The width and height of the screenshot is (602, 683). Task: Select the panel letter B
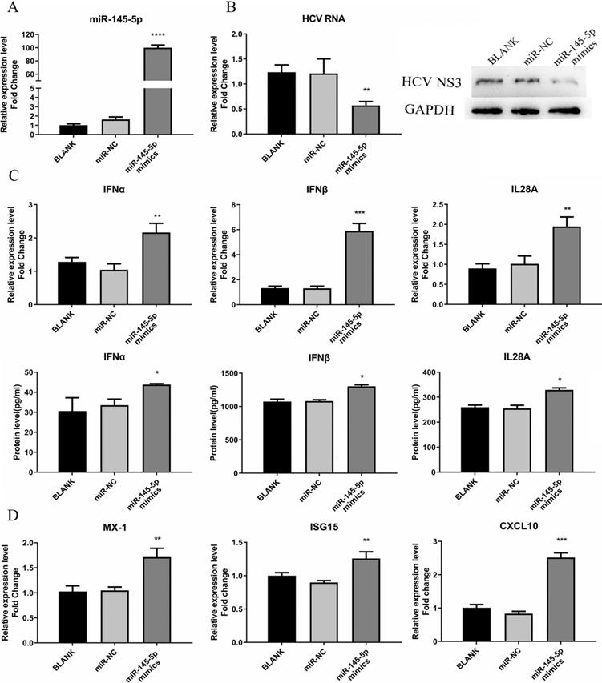tap(230, 9)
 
